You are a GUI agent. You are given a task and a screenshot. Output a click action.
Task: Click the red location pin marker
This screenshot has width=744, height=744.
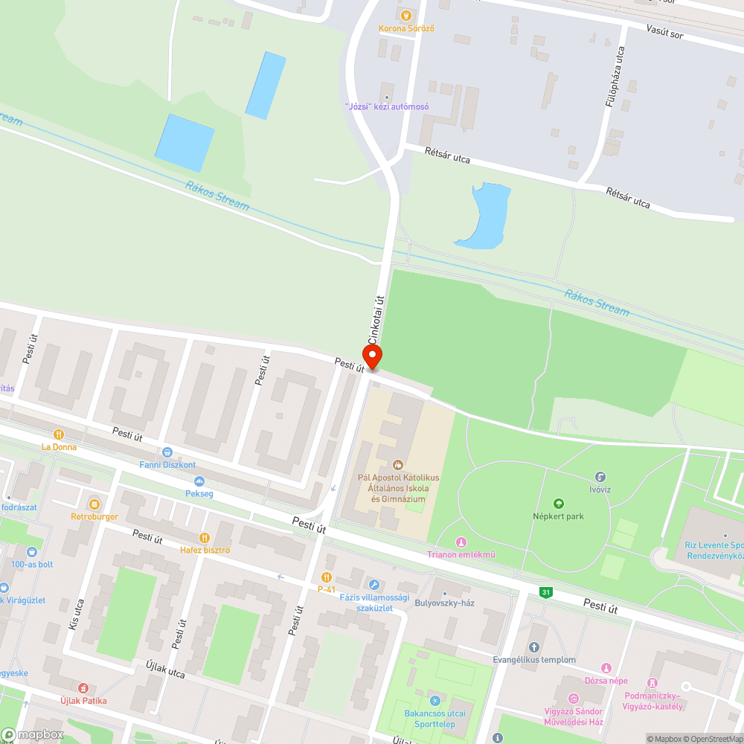(371, 356)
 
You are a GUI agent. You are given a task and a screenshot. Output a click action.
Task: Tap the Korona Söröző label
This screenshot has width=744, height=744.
(406, 28)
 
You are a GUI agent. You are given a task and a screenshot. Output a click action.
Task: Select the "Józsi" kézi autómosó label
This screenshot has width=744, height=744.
(387, 106)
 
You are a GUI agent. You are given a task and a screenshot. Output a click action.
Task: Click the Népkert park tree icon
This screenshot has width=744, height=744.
(559, 504)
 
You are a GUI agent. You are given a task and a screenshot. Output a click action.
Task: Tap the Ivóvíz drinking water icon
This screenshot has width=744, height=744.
(600, 476)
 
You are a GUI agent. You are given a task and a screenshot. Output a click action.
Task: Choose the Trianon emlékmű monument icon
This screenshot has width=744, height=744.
(461, 542)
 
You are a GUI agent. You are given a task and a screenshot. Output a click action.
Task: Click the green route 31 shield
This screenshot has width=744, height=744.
(547, 592)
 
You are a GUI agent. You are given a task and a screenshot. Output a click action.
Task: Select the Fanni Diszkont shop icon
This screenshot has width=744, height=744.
(167, 452)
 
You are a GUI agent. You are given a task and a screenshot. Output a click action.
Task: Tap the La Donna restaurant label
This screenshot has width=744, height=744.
(59, 447)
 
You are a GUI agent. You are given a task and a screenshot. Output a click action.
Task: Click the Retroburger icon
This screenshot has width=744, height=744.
(94, 504)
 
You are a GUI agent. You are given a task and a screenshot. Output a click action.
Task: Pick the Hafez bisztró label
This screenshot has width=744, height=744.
(205, 550)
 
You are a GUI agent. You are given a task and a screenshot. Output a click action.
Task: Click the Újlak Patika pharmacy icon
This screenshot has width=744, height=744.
(83, 688)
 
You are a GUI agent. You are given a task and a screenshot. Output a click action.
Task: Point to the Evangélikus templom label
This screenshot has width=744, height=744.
(534, 659)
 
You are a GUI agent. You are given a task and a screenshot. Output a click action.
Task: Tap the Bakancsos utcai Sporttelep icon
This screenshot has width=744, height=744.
(435, 700)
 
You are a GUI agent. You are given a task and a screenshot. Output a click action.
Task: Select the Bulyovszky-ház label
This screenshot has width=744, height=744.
(444, 603)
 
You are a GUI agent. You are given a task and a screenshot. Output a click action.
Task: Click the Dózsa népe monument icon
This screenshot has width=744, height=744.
(606, 668)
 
